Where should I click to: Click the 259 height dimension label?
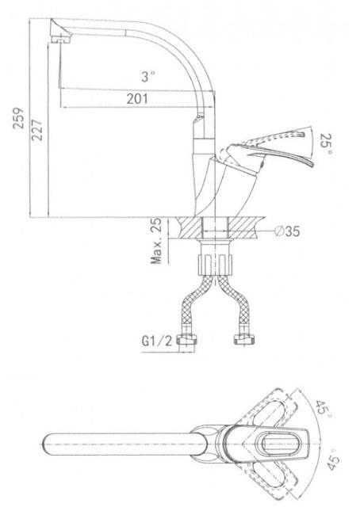pos(18,118)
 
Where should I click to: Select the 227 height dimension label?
pos(36,130)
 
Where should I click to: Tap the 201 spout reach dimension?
pos(137,99)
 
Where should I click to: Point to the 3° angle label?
pos(147,77)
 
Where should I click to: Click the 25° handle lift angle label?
pos(326,144)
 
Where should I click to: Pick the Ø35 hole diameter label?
pos(286,231)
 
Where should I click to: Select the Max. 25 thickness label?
pos(156,241)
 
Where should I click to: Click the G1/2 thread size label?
pos(156,341)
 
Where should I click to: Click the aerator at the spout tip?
pos(61,40)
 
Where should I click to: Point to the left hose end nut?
pos(187,340)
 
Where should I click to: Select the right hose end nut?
pos(244,340)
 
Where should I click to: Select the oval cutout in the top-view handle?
pos(277,444)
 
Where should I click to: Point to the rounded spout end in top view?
pos(50,444)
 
